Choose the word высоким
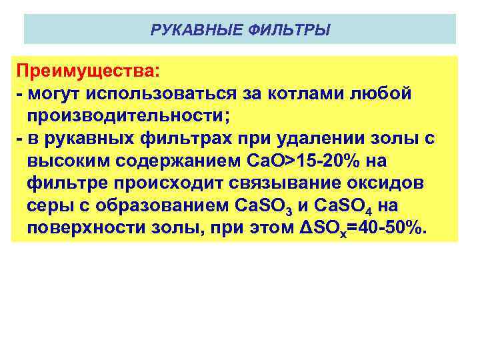pyautogui.click(x=68, y=161)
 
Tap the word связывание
pyautogui.click(x=283, y=183)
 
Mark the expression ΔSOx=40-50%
pyautogui.click(x=361, y=229)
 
